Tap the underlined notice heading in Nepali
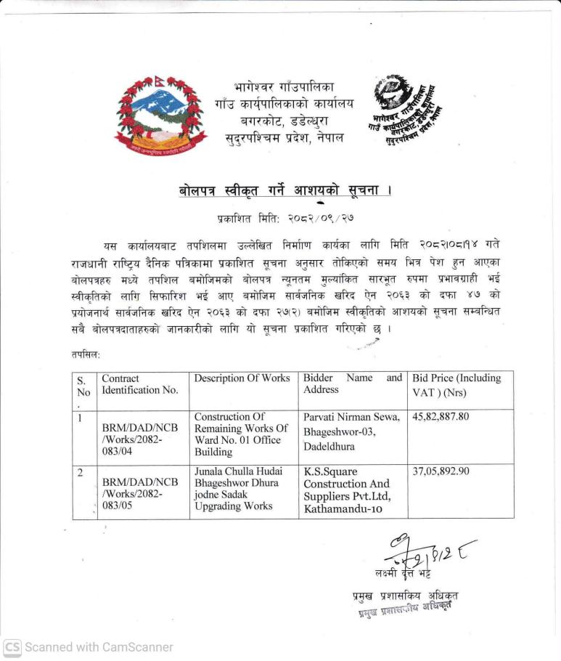[284, 190]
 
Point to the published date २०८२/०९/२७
[285, 217]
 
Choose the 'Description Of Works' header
[242, 378]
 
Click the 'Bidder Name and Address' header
[352, 384]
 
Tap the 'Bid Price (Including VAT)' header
[456, 384]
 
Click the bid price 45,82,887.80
[441, 417]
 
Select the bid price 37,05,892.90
[441, 471]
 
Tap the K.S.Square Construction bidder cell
[348, 490]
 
